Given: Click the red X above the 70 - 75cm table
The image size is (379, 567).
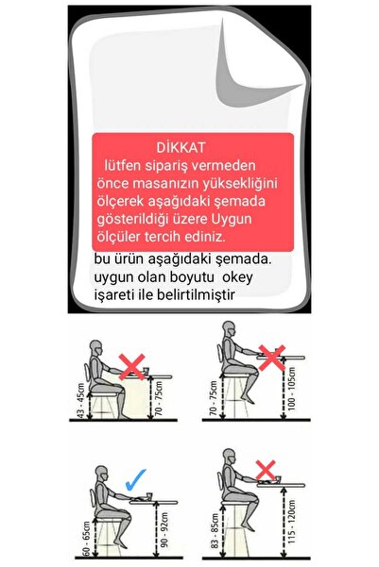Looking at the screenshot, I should (x=132, y=366).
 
